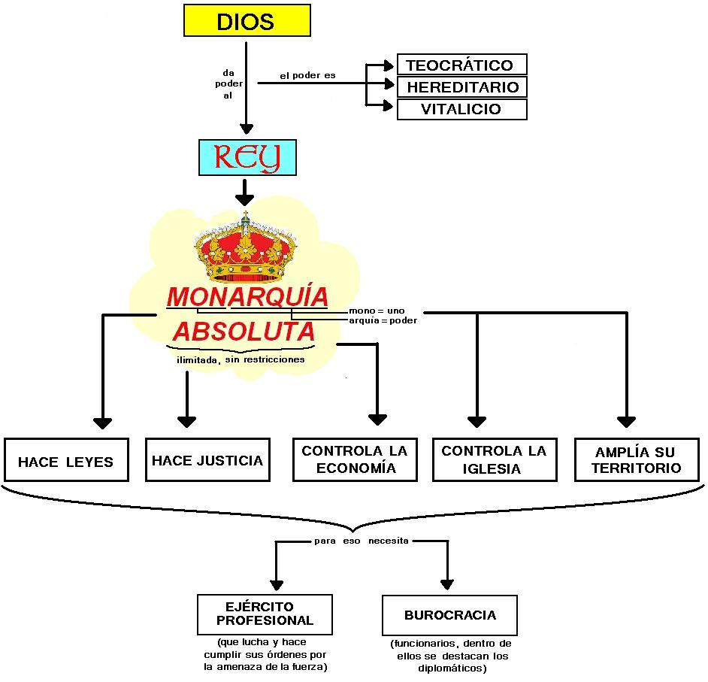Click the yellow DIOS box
pos(247,20)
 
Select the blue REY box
pos(247,157)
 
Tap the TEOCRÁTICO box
pos(461,65)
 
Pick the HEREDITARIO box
pos(461,86)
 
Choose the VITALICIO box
pos(461,109)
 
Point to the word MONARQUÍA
pos(247,297)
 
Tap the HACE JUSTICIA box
pos(207,460)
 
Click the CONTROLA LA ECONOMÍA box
pos(355,459)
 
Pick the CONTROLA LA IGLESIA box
pos(495,459)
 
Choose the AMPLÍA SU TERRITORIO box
pos(635,460)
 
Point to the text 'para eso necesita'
pos(362,541)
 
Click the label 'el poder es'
pos(307,76)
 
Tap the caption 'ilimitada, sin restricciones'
pos(241,359)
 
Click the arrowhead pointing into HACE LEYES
pos(102,423)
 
